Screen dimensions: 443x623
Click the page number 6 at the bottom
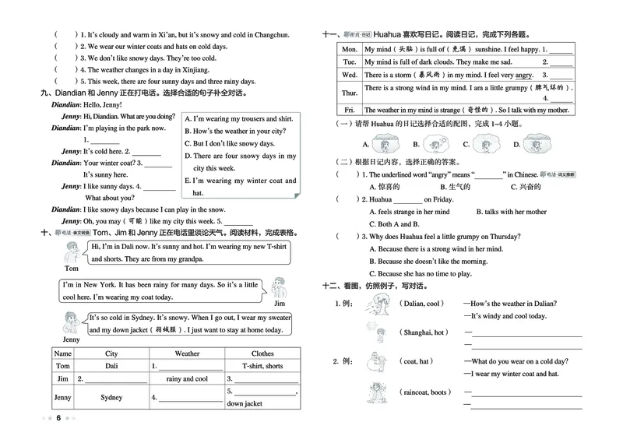pos(58,419)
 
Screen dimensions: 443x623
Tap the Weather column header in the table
pos(187,353)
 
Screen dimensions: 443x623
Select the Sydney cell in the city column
pos(111,398)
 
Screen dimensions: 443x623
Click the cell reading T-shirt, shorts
pos(262,366)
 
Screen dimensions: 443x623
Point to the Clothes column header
pos(262,353)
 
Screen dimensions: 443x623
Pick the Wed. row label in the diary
pos(350,75)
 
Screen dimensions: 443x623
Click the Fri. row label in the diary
pos(350,110)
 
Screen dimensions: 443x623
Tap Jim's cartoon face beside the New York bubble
pos(282,289)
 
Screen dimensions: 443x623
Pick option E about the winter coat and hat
pos(240,186)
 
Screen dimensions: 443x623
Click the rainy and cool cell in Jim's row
pos(187,379)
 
